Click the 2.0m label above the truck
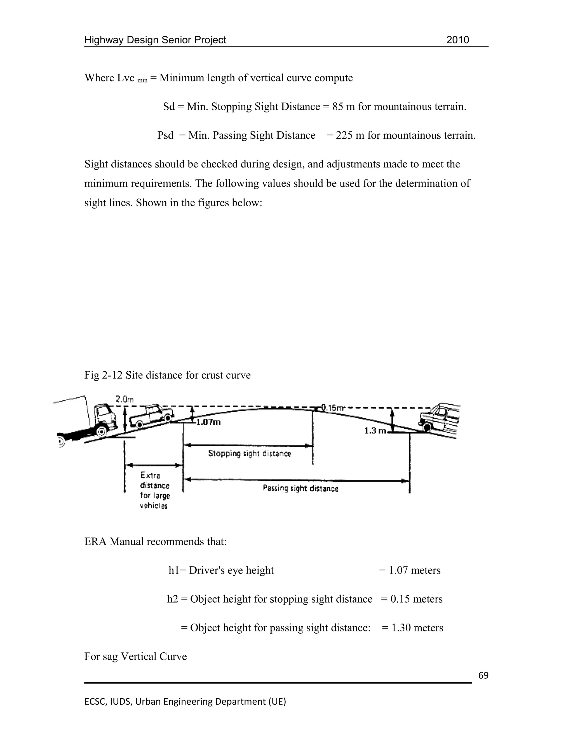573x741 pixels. pos(125,399)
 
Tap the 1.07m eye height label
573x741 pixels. pos(208,422)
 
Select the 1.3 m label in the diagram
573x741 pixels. pos(375,431)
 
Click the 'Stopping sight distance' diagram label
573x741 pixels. pos(250,454)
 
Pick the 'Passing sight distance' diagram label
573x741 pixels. pos(300,488)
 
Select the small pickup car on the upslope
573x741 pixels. pos(153,415)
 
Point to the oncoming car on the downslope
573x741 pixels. pos(440,419)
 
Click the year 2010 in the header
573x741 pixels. pos(457,40)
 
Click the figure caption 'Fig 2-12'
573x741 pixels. pos(103,375)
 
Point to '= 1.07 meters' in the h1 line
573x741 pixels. pos(409,570)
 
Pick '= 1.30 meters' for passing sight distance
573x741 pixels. pos(412,628)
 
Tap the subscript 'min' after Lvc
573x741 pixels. pos(142,81)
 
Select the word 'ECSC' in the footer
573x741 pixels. pos(95,702)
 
